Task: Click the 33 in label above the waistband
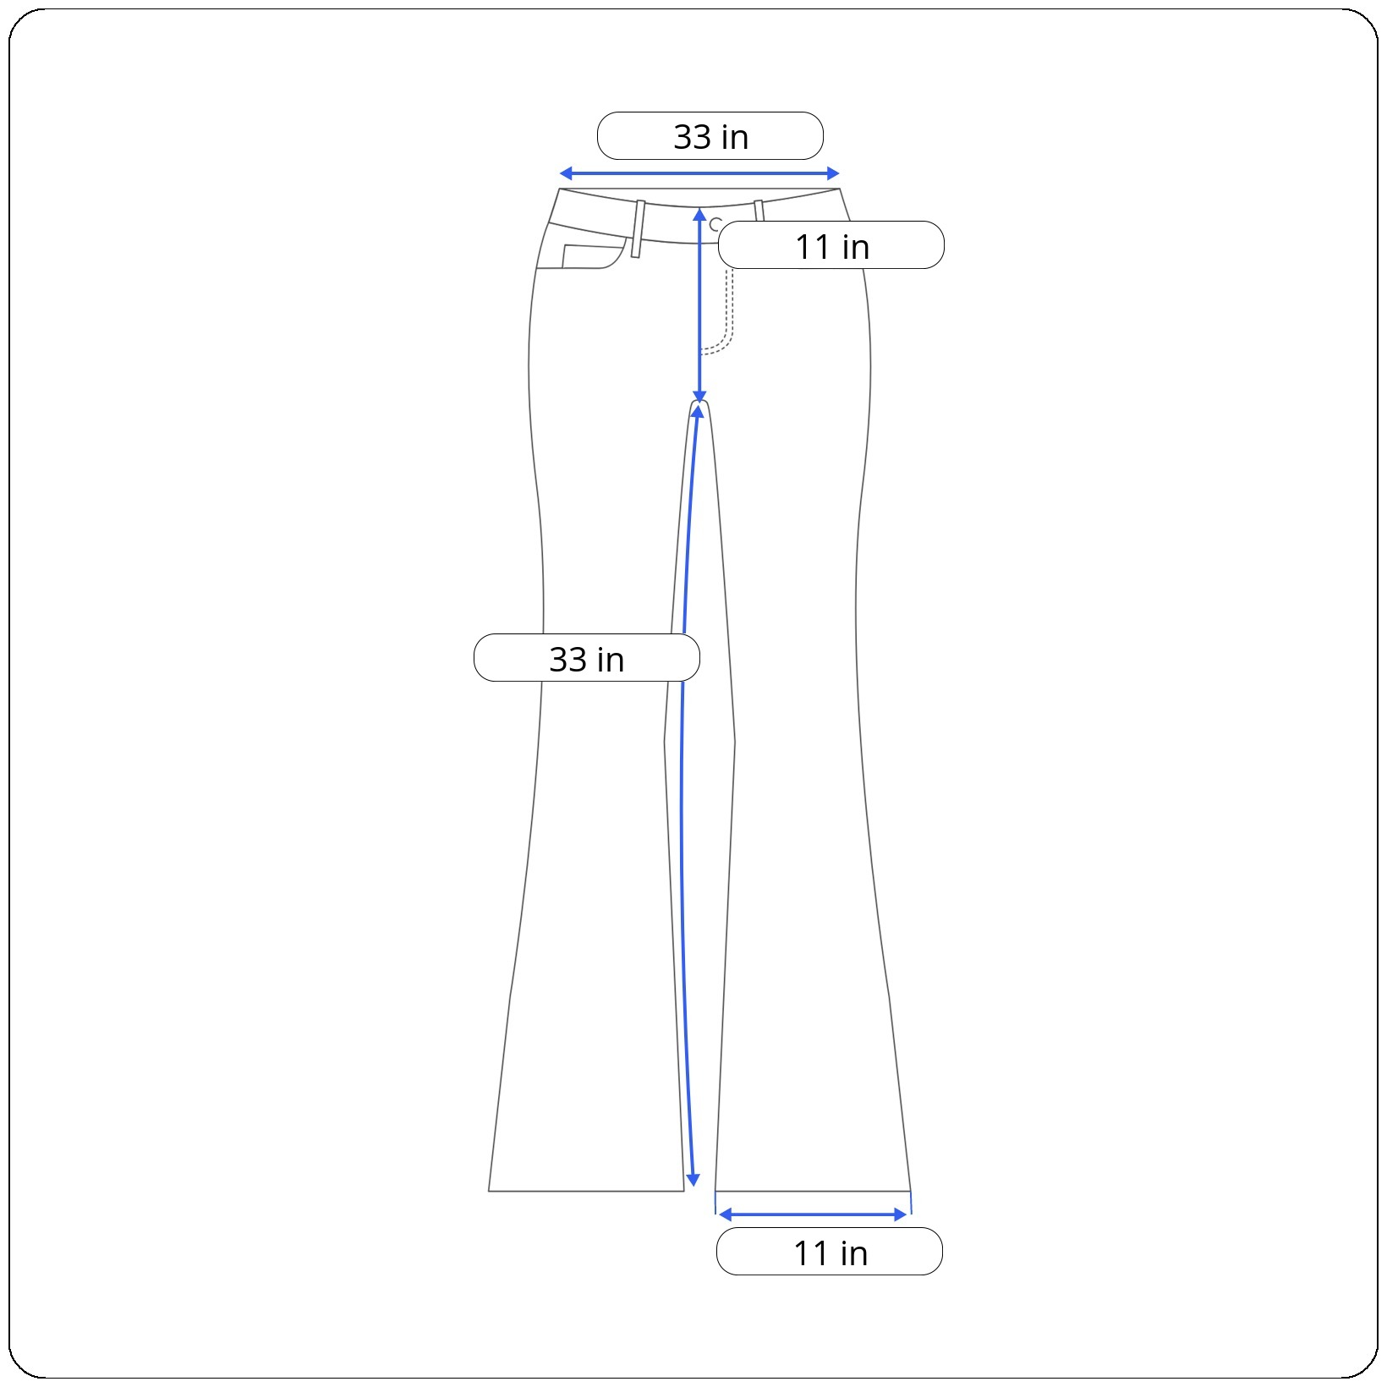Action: pos(710,136)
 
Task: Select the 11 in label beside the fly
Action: pos(831,245)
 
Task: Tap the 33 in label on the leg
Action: pos(587,658)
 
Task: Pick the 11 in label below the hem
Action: pos(830,1252)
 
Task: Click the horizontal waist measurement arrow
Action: pos(699,174)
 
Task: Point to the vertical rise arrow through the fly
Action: pos(699,305)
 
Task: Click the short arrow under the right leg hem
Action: pos(813,1214)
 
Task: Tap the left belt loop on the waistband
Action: pos(638,228)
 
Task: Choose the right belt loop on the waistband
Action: pos(759,211)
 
